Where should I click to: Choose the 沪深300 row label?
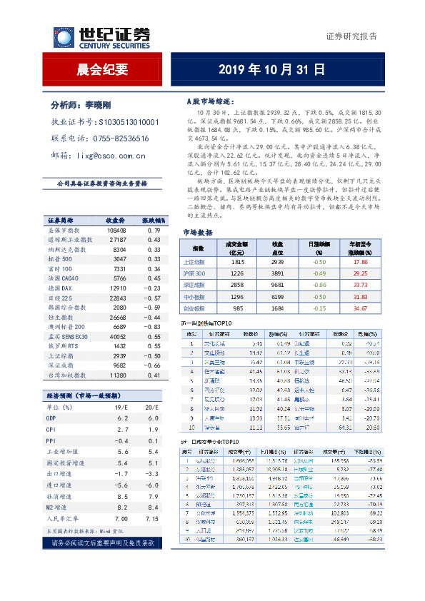194,273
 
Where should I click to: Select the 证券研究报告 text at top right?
351,36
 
